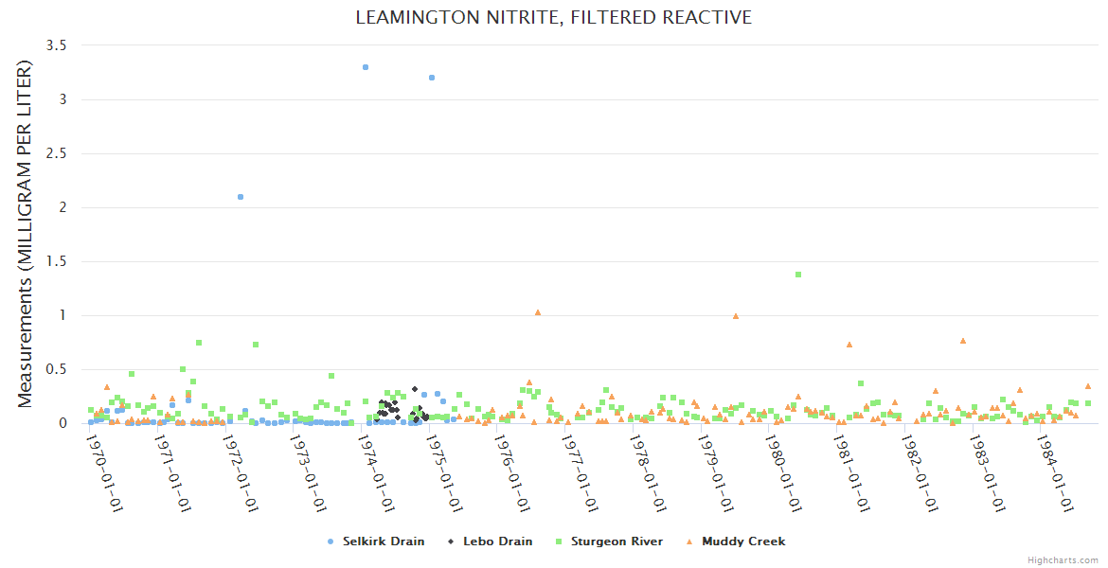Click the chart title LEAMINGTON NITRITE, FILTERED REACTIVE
pos(553,17)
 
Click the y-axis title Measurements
pos(26,234)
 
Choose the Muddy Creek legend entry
pos(742,541)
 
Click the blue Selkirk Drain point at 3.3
pos(366,67)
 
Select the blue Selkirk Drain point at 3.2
pos(432,78)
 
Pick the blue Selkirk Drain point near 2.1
pos(241,197)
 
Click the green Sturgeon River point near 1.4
pos(798,275)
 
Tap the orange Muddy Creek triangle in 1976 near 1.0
pos(538,312)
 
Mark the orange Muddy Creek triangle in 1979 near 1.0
pos(736,316)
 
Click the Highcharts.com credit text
pos(1063,559)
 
